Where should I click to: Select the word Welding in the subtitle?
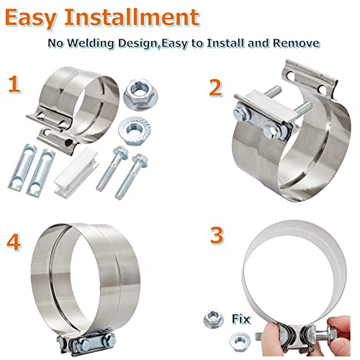[x=93, y=43]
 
